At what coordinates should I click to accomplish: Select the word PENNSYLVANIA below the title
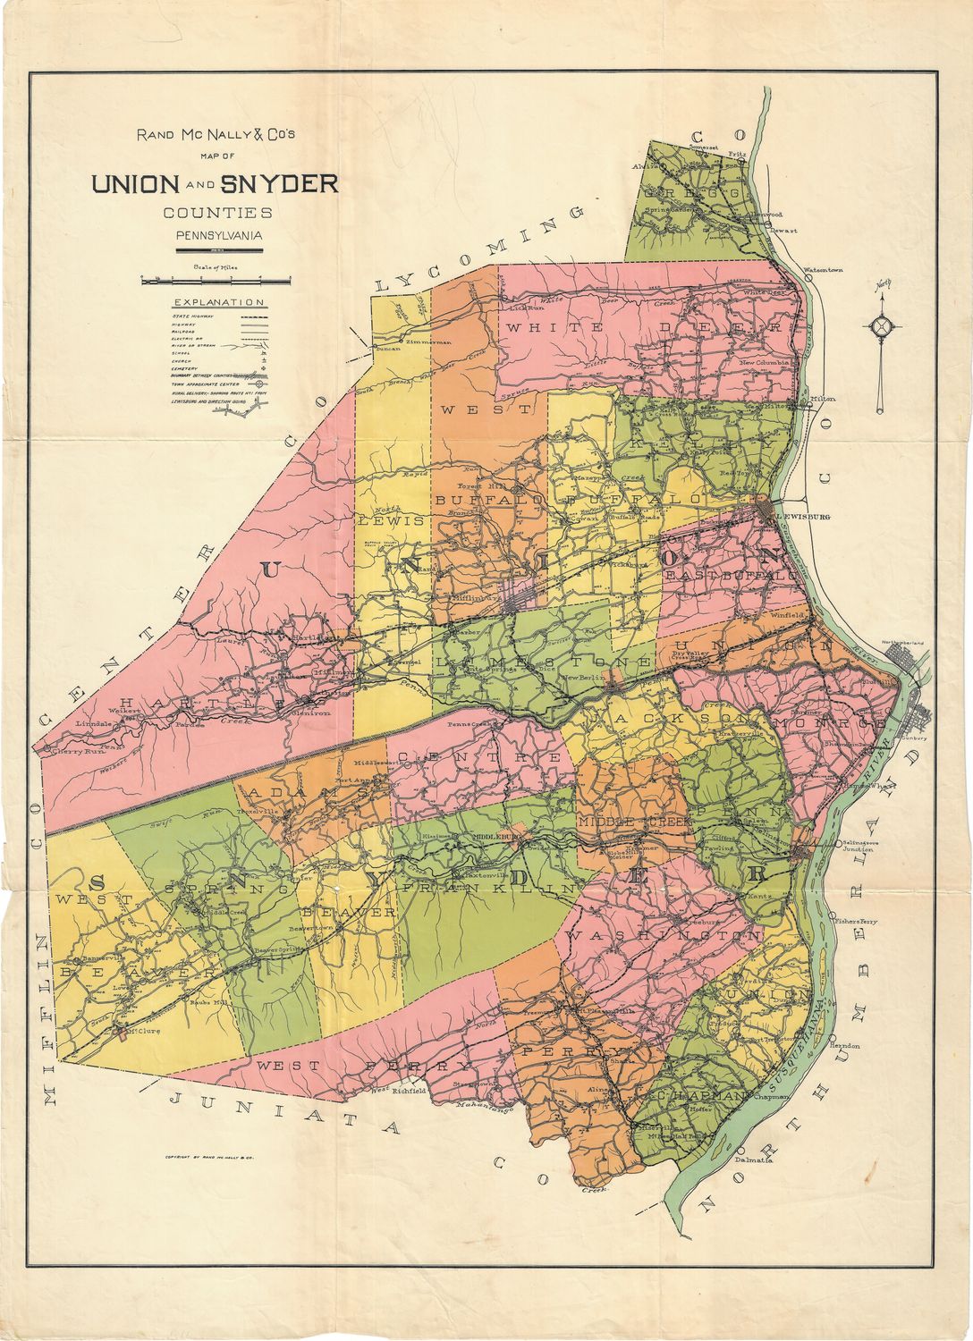[x=218, y=236]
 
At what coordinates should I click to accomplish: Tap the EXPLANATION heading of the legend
[x=218, y=302]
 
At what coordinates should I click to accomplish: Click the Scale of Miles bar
[x=217, y=280]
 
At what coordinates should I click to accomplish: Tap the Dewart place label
[x=784, y=231]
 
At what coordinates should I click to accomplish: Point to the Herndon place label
[x=844, y=1044]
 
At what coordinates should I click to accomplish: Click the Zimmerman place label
[x=428, y=342]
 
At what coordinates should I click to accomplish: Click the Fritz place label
[x=737, y=154]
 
